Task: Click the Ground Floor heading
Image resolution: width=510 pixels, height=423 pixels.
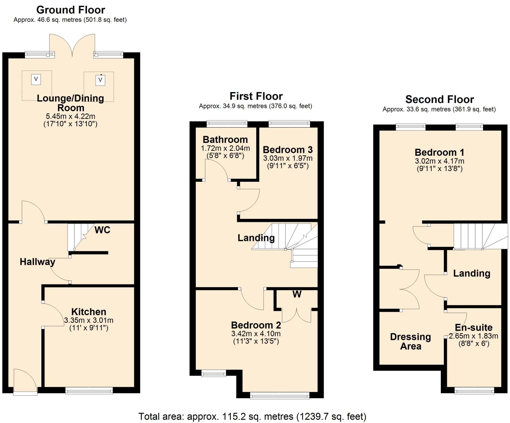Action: [70, 10]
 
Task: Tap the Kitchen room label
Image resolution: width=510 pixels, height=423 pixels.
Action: [89, 312]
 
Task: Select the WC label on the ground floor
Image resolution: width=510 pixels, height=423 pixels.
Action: [102, 230]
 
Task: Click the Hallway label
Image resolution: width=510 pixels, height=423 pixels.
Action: [37, 262]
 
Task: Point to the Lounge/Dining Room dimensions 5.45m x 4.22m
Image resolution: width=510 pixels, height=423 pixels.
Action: [70, 116]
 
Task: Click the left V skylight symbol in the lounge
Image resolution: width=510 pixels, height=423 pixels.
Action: [36, 79]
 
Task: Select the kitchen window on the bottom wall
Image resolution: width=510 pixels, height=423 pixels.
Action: [89, 390]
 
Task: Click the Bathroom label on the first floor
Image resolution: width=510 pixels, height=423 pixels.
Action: [225, 140]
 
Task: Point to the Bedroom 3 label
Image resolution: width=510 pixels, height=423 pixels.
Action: [287, 150]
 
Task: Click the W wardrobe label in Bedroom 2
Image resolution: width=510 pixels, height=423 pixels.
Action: [297, 294]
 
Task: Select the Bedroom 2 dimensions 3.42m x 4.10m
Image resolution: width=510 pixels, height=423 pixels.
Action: [256, 334]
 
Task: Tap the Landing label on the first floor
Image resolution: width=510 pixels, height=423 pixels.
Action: [256, 238]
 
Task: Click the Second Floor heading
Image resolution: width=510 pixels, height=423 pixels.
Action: [439, 100]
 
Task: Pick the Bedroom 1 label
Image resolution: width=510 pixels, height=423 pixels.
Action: [439, 152]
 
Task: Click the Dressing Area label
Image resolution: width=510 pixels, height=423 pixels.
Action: [410, 341]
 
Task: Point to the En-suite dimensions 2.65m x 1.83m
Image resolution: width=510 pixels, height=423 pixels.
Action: [474, 336]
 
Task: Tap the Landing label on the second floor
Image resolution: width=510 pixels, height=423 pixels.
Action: [471, 273]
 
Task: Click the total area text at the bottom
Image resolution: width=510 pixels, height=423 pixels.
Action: [252, 417]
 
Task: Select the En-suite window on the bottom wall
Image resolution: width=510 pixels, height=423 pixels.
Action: [474, 390]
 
